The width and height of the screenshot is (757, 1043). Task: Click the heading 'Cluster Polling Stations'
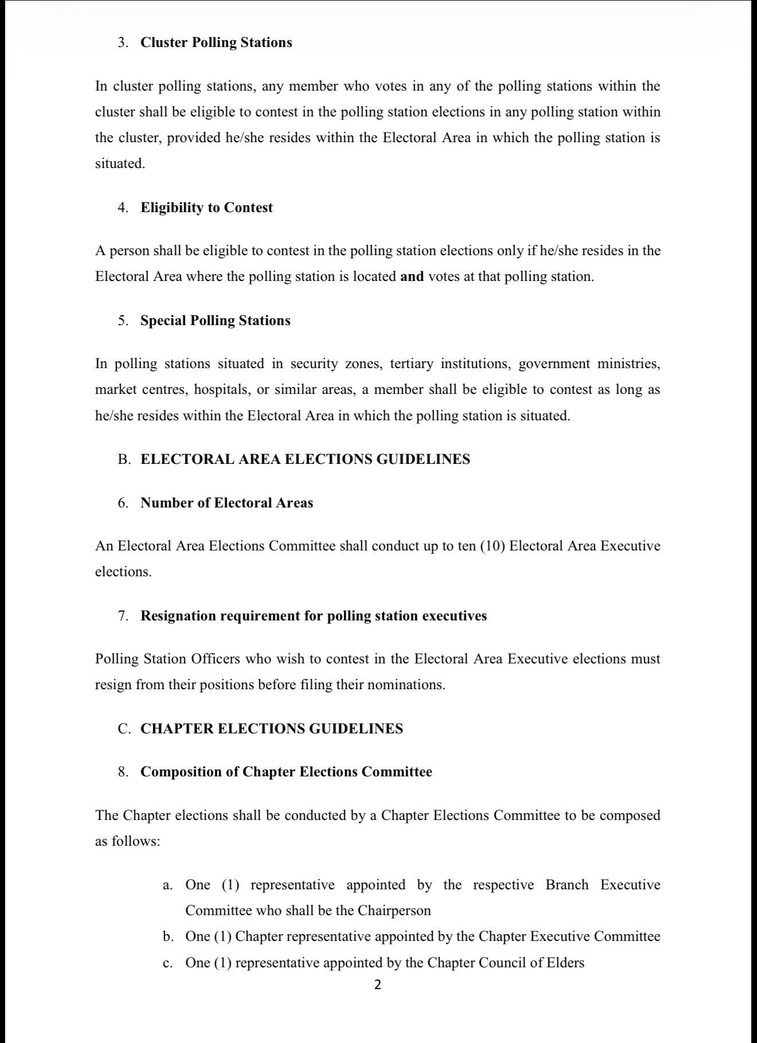(216, 43)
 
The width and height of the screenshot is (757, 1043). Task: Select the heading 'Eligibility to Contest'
(206, 208)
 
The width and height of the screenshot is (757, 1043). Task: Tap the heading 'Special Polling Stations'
(215, 321)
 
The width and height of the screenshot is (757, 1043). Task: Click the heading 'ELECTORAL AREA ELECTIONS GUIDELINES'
(305, 459)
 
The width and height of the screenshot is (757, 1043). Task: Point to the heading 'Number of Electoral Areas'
(227, 503)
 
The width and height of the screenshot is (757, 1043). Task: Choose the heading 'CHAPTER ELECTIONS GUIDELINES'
(271, 729)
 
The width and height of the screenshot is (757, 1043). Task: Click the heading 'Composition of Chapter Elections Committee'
(286, 772)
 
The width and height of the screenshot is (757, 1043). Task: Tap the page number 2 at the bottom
(377, 985)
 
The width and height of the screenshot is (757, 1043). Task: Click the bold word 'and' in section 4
(412, 276)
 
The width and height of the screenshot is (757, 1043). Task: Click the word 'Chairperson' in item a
(394, 911)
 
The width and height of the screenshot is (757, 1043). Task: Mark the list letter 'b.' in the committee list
(168, 936)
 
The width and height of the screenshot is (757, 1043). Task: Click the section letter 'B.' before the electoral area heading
(124, 459)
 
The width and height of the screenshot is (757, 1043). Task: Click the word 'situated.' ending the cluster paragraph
(120, 163)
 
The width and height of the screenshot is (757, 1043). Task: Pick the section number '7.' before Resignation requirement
(123, 616)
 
